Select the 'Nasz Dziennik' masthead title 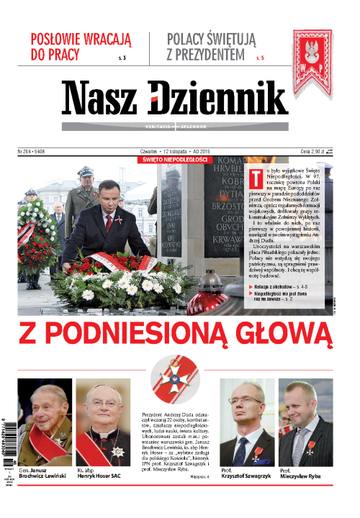(174, 99)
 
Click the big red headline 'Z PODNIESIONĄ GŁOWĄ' (176, 335)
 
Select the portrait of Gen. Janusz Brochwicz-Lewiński (45, 422)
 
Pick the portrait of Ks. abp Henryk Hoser (103, 422)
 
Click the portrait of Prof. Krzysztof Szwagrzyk (246, 422)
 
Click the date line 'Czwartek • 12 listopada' (170, 152)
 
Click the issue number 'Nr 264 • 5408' (32, 152)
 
